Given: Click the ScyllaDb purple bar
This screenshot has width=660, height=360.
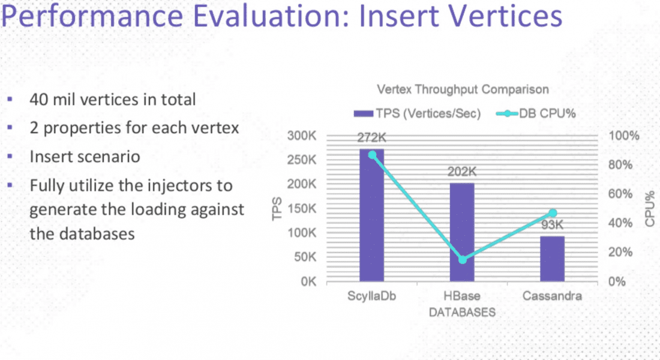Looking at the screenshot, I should (x=371, y=216).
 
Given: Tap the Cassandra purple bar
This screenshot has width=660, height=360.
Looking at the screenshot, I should (x=552, y=259).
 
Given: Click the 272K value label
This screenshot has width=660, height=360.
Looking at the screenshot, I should (x=371, y=137).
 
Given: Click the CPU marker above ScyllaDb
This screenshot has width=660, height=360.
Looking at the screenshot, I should (x=372, y=155).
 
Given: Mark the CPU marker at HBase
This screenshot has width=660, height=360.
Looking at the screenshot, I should (x=462, y=259).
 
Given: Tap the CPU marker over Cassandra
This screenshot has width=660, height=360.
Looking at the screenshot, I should (x=553, y=213).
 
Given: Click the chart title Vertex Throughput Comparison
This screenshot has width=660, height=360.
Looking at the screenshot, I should (x=462, y=90).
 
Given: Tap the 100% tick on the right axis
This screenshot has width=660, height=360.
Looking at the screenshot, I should (x=624, y=136).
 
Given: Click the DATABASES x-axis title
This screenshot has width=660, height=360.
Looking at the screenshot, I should (x=462, y=313).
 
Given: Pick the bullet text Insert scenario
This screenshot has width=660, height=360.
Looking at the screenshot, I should (x=85, y=157).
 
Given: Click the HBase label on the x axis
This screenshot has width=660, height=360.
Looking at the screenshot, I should (x=462, y=297).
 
